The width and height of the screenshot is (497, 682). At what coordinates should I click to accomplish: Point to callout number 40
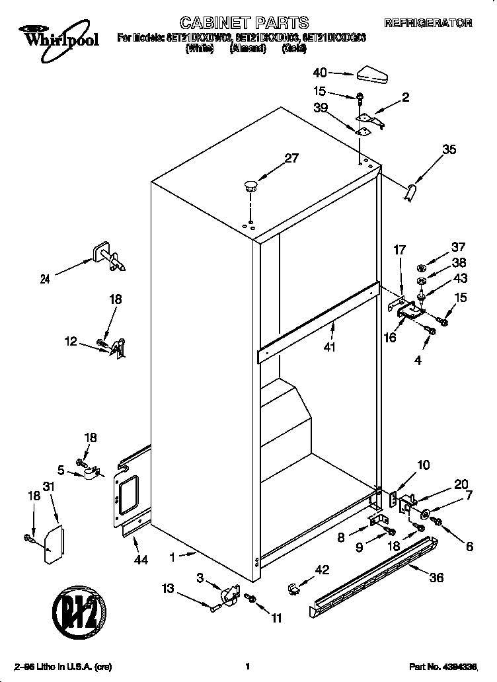(320, 73)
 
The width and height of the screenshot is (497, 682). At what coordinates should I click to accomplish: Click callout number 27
(291, 158)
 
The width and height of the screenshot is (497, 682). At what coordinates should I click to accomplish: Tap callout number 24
(45, 279)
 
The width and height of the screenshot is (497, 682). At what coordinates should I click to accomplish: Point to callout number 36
(436, 577)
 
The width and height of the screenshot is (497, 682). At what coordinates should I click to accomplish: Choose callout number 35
(449, 150)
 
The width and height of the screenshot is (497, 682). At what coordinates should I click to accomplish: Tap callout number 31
(48, 487)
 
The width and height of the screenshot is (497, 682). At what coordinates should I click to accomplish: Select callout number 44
(139, 560)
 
